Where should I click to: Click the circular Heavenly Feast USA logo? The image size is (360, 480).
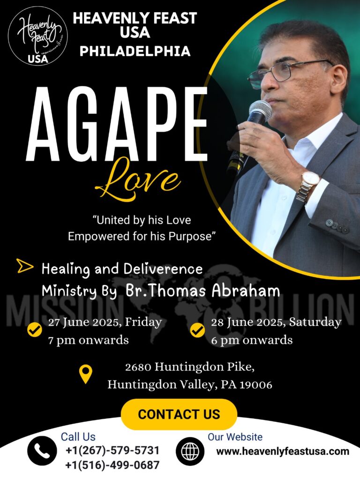(x=38, y=36)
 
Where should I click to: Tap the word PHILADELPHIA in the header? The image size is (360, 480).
(x=135, y=51)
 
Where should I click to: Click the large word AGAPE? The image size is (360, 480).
(x=117, y=124)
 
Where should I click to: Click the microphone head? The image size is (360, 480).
(x=260, y=112)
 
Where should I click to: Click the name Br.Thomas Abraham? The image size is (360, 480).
(x=202, y=291)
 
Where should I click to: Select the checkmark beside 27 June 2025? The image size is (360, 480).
(x=35, y=330)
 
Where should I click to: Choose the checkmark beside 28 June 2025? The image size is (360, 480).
(x=198, y=330)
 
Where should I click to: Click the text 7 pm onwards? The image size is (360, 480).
(x=89, y=340)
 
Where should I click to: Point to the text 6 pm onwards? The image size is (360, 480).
(x=252, y=340)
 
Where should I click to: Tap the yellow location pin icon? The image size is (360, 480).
(x=86, y=374)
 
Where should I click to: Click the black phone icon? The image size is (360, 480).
(x=42, y=451)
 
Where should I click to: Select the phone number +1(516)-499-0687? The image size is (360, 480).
(x=112, y=465)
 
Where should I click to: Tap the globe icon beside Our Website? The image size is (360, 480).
(x=190, y=451)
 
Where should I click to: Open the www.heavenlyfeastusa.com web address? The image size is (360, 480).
(x=283, y=451)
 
